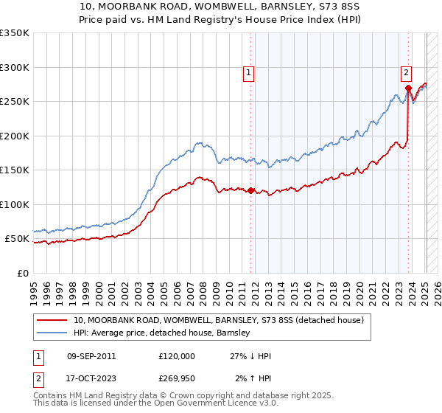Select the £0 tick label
24,273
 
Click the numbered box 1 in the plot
249,72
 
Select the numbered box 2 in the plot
406,72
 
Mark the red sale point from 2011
251,191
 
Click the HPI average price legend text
162,333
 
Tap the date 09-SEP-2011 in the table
91,356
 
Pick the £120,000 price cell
177,356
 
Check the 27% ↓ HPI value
250,356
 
